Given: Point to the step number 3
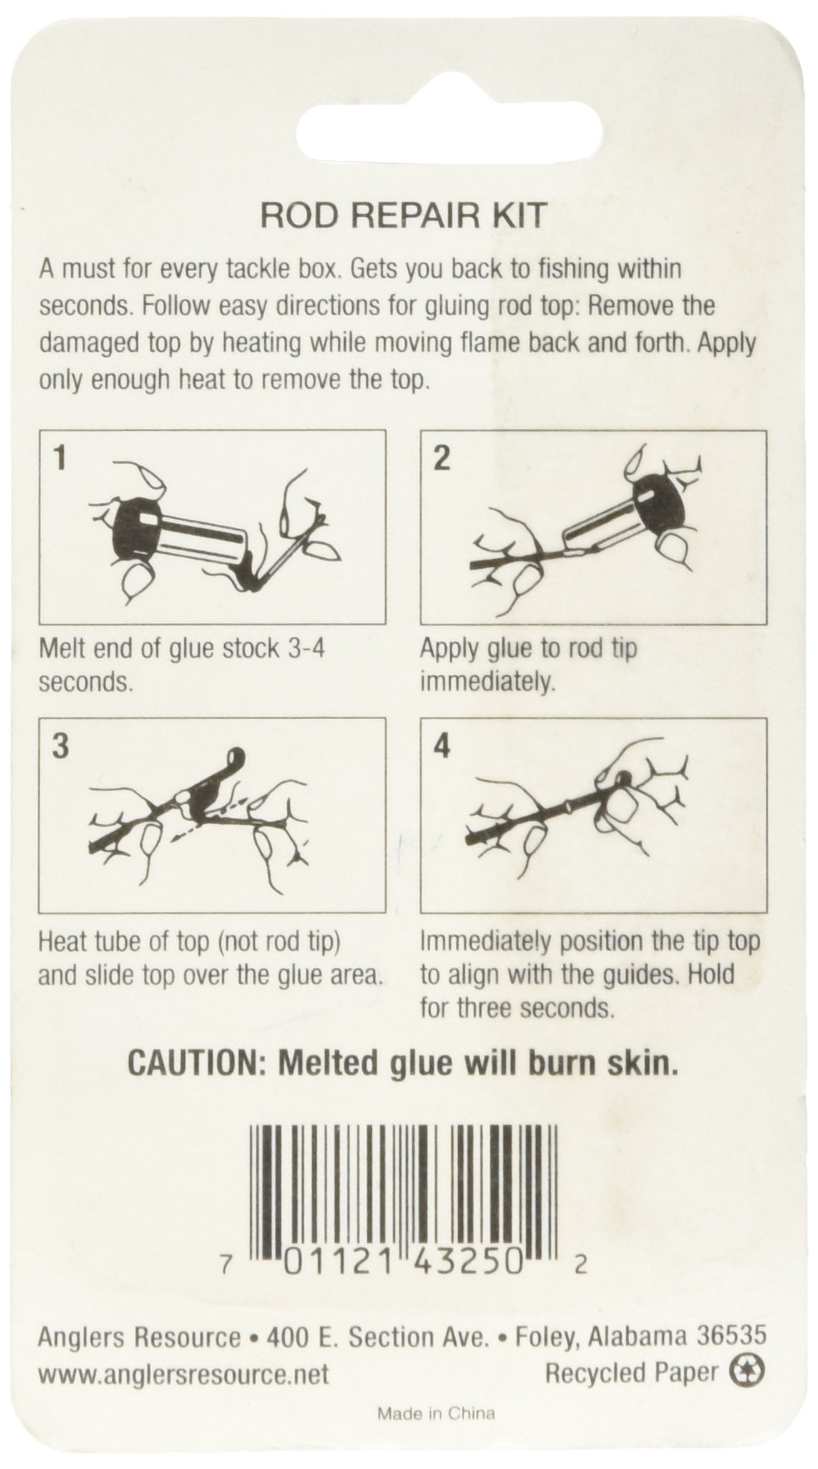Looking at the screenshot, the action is point(60,748).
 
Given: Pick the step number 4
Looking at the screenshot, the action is point(441,748).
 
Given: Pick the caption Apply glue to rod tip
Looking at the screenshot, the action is point(528,649).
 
